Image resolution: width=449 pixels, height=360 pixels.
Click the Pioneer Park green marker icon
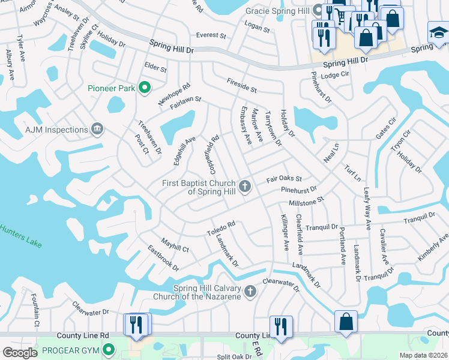pyautogui.click(x=144, y=88)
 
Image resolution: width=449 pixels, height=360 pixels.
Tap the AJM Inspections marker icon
pyautogui.click(x=97, y=130)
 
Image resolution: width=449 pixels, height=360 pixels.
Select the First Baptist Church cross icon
pyautogui.click(x=244, y=187)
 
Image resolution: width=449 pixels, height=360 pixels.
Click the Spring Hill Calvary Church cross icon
pyautogui.click(x=250, y=292)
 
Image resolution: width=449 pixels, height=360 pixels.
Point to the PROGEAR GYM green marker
pyautogui.click(x=109, y=349)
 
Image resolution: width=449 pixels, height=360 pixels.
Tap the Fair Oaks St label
pyautogui.click(x=284, y=179)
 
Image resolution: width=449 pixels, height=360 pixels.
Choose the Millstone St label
pyautogui.click(x=306, y=202)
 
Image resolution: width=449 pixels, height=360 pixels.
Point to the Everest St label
pyautogui.click(x=211, y=35)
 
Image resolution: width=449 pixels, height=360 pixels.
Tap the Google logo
pyautogui.click(x=20, y=353)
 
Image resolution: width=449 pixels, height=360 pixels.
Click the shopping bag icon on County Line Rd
pyautogui.click(x=346, y=321)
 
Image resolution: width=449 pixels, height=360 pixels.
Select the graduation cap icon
pyautogui.click(x=438, y=32)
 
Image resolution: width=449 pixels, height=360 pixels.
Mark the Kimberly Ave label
pyautogui.click(x=433, y=247)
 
